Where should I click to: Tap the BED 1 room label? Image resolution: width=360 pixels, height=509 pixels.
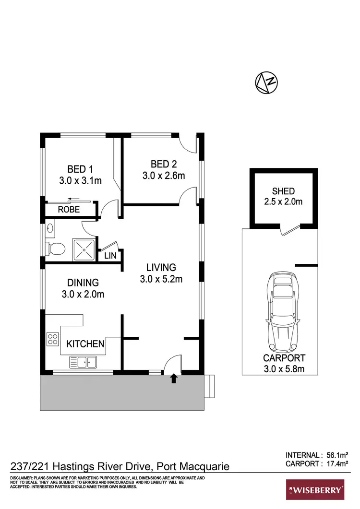(80, 169)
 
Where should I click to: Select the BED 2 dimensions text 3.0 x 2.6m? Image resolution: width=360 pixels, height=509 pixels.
(164, 176)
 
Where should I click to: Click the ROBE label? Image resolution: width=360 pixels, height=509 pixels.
(69, 210)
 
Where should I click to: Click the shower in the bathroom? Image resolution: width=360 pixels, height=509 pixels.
(84, 249)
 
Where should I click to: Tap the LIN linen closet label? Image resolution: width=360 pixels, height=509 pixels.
(110, 256)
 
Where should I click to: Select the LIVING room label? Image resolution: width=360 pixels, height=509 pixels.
(161, 268)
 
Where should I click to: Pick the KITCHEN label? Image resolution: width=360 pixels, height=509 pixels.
(85, 344)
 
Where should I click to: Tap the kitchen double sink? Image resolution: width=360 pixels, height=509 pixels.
(83, 361)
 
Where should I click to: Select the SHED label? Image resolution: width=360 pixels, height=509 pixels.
(283, 191)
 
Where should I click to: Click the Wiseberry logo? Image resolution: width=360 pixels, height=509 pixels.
(315, 490)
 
